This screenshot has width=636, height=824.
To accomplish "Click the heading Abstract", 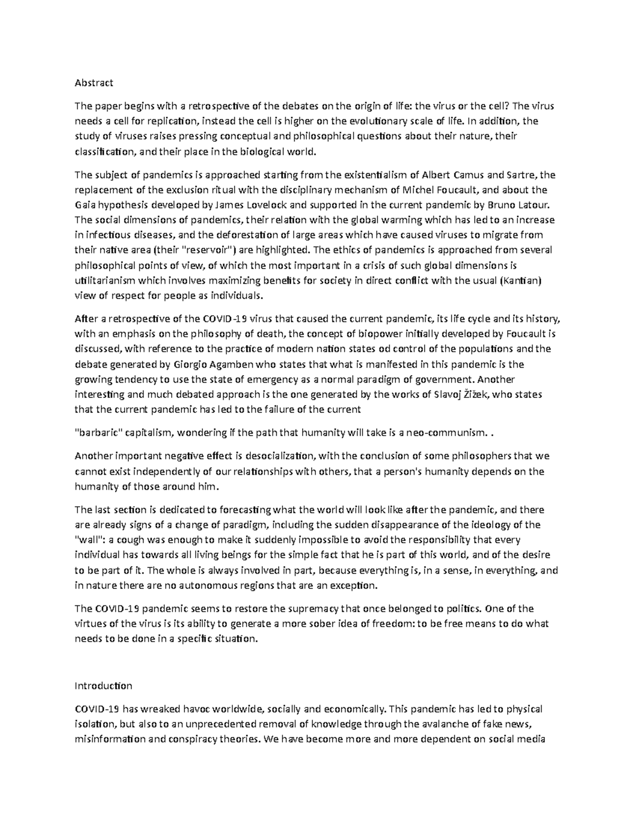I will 94,83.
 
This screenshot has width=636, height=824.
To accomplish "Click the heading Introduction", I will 103,686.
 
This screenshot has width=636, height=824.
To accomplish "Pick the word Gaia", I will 84,205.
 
